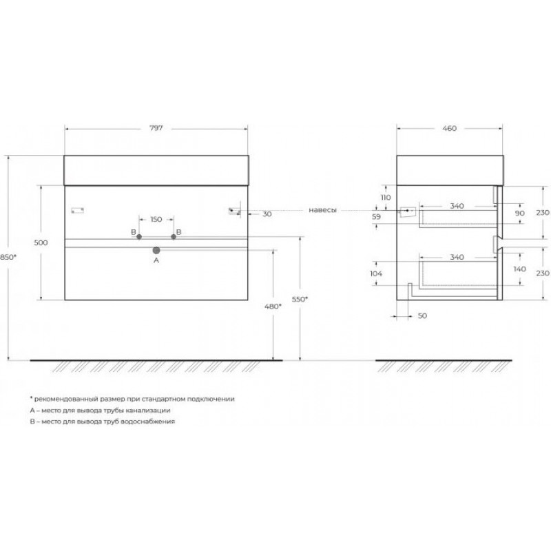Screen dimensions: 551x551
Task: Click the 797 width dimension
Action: pyautogui.click(x=156, y=128)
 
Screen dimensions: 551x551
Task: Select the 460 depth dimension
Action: pyautogui.click(x=450, y=129)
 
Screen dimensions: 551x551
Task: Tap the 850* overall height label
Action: pyautogui.click(x=8, y=257)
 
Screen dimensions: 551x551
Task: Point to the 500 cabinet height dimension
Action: pyautogui.click(x=41, y=242)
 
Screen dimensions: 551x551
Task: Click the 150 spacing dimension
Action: pyautogui.click(x=156, y=219)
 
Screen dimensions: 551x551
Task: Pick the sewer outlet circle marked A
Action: pyautogui.click(x=156, y=250)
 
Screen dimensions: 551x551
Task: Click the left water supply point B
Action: pyautogui.click(x=139, y=236)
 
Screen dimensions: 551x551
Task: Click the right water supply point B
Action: pyautogui.click(x=174, y=236)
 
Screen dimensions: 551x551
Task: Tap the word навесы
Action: pyautogui.click(x=322, y=210)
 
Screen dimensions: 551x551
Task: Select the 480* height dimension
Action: pyautogui.click(x=273, y=306)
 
